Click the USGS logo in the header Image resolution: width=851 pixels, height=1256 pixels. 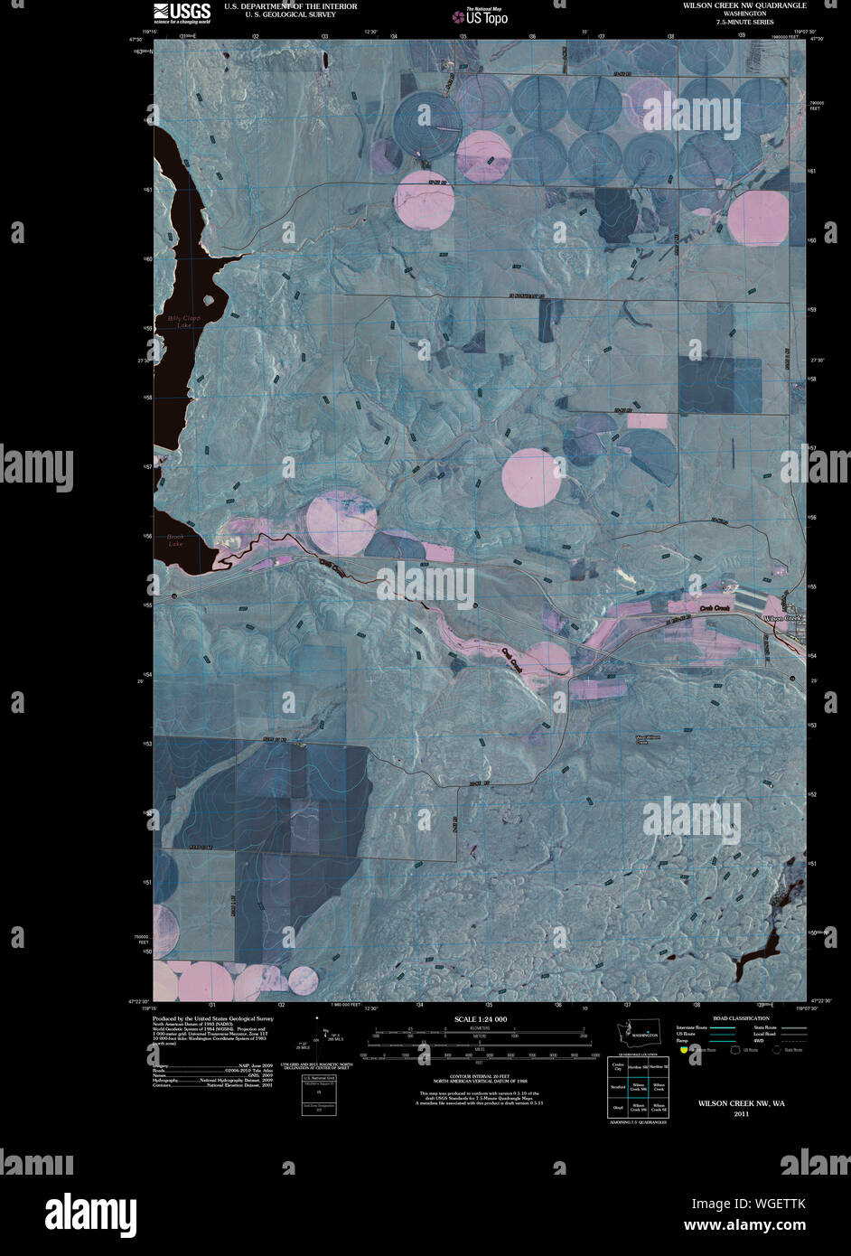pyautogui.click(x=182, y=12)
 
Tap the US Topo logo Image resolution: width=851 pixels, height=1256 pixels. pyautogui.click(x=480, y=16)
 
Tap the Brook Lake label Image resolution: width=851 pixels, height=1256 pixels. pyautogui.click(x=175, y=540)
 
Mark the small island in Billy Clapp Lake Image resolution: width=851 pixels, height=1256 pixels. pyautogui.click(x=210, y=299)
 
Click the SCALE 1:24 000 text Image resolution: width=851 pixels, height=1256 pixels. pyautogui.click(x=480, y=1019)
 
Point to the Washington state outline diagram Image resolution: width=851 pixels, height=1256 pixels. pyautogui.click(x=642, y=1033)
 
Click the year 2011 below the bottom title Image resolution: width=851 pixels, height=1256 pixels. pyautogui.click(x=741, y=1113)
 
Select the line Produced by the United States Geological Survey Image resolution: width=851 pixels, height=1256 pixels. pyautogui.click(x=213, y=1017)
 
